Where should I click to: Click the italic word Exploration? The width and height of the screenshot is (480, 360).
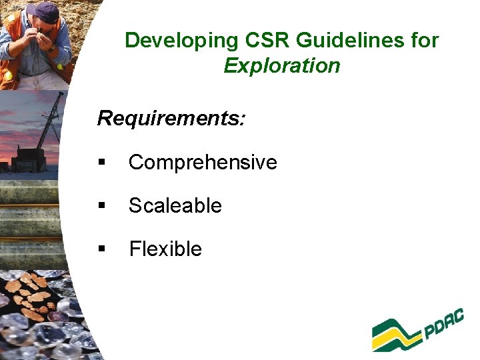pyautogui.click(x=282, y=66)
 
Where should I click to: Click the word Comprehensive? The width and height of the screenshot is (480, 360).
pyautogui.click(x=203, y=162)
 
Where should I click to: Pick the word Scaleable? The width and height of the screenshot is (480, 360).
pyautogui.click(x=175, y=205)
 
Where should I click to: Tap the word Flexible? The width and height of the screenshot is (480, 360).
pyautogui.click(x=165, y=249)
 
